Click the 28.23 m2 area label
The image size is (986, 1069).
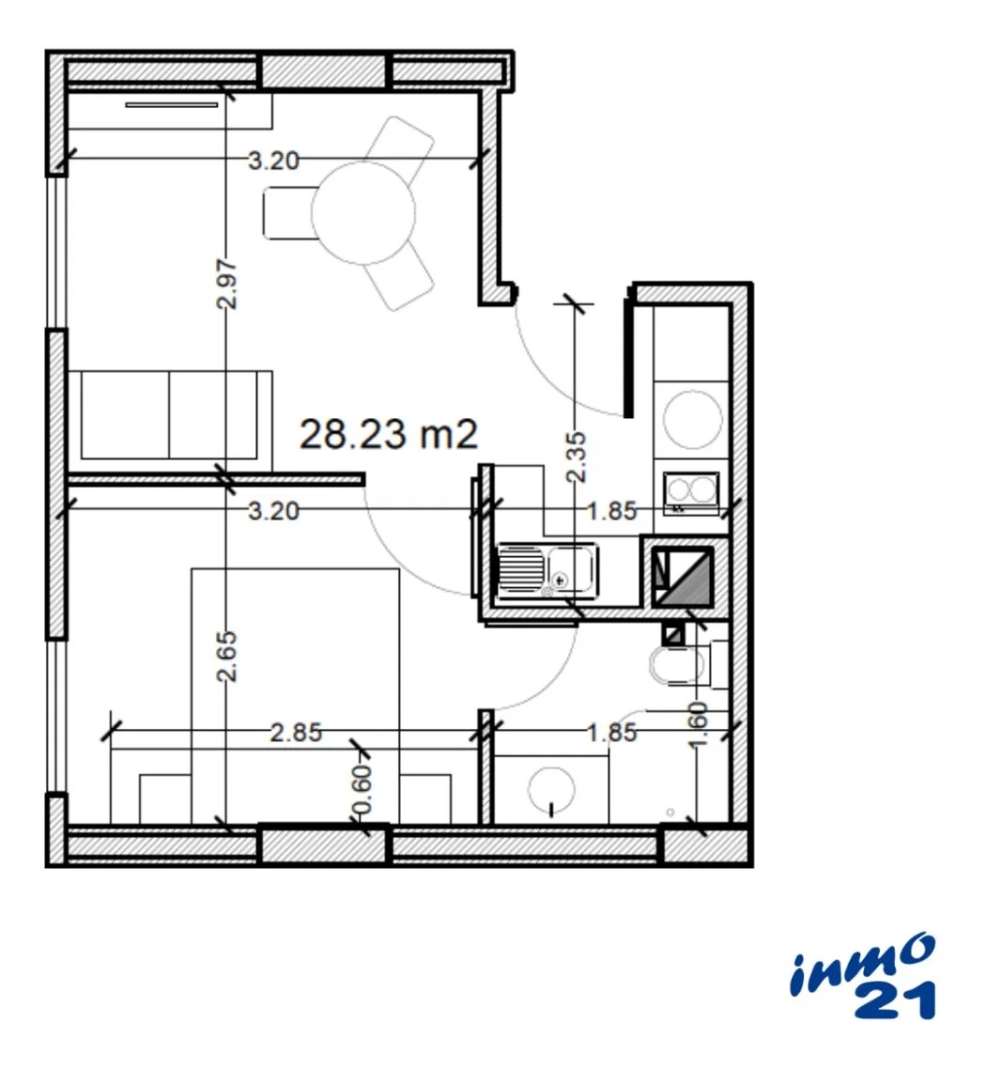pyautogui.click(x=389, y=434)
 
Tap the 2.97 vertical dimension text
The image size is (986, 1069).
pyautogui.click(x=227, y=284)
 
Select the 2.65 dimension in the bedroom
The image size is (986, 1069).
pyautogui.click(x=227, y=657)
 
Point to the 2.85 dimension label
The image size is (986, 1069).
pyautogui.click(x=296, y=733)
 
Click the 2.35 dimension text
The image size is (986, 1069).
pyautogui.click(x=577, y=457)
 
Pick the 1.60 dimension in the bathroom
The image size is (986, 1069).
pyautogui.click(x=700, y=724)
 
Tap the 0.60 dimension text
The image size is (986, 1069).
pyautogui.click(x=363, y=789)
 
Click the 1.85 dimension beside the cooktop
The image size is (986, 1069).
pyautogui.click(x=612, y=511)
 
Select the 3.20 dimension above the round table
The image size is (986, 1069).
pyautogui.click(x=273, y=161)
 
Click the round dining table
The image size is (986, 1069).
pyautogui.click(x=363, y=212)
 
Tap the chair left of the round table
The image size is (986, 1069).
pyautogui.click(x=289, y=212)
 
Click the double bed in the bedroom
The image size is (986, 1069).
pyautogui.click(x=295, y=695)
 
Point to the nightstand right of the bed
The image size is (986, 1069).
pyautogui.click(x=425, y=799)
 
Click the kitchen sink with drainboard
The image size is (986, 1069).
pyautogui.click(x=548, y=569)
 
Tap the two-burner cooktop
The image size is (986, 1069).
pyautogui.click(x=692, y=492)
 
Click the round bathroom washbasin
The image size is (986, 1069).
pyautogui.click(x=551, y=789)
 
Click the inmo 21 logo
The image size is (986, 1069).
pyautogui.click(x=863, y=977)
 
